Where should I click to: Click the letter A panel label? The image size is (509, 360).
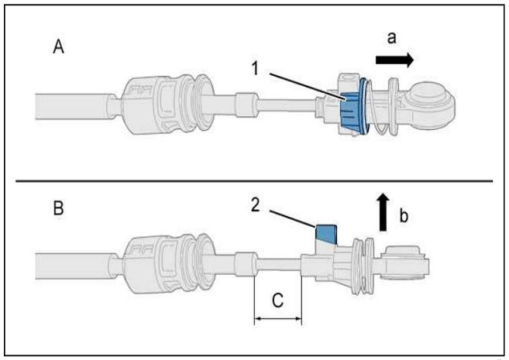(x=58, y=46)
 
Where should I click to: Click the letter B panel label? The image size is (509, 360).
(x=58, y=208)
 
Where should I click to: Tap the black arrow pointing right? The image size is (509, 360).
(x=395, y=60)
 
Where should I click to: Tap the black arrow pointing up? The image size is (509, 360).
(x=383, y=212)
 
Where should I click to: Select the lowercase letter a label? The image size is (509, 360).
(x=392, y=38)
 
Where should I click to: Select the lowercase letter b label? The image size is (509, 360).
(x=404, y=215)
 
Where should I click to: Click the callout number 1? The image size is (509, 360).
(x=256, y=69)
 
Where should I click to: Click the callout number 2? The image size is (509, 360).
(x=256, y=205)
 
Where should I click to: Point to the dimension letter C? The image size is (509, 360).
(x=278, y=300)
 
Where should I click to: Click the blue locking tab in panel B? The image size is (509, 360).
(x=326, y=234)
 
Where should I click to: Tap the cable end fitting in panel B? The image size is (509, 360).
(x=405, y=262)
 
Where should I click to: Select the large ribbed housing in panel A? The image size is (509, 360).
(x=169, y=105)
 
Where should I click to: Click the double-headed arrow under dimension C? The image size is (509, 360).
(x=278, y=319)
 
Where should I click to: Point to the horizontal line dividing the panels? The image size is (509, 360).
(x=254, y=181)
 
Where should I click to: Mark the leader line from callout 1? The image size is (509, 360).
(x=307, y=85)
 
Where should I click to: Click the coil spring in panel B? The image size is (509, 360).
(x=364, y=266)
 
